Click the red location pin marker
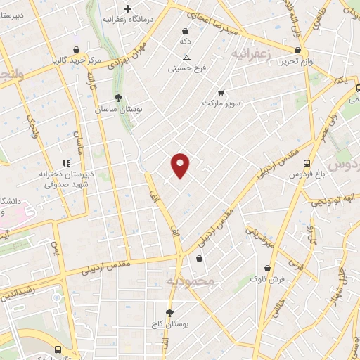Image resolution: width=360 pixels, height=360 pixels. [x=181, y=165]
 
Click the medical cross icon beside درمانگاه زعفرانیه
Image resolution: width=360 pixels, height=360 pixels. [x=127, y=9]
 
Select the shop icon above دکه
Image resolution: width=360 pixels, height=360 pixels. [x=185, y=31]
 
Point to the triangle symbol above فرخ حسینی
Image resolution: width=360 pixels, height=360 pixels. [x=186, y=58]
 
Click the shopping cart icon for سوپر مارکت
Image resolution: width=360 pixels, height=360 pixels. [x=221, y=92]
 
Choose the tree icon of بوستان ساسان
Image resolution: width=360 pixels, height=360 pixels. [x=118, y=98]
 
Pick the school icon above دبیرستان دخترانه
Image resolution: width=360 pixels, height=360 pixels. [x=65, y=163]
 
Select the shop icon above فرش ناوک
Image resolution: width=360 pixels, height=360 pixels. [x=268, y=268]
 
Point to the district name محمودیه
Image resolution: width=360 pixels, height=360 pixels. [x=189, y=282]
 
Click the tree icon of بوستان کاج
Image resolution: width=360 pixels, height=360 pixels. [x=169, y=313]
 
